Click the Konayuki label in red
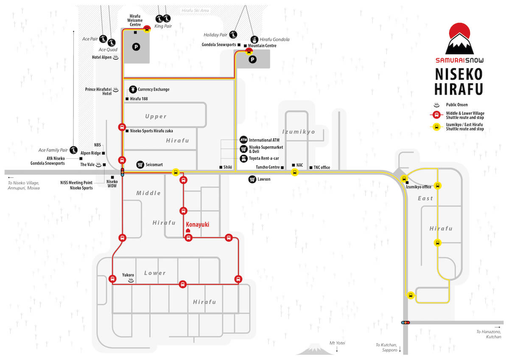click(x=198, y=225)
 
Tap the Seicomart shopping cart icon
click(x=140, y=164)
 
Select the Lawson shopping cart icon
click(x=252, y=179)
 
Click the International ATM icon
click(x=243, y=140)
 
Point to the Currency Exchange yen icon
click(x=133, y=90)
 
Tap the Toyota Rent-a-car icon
click(x=243, y=158)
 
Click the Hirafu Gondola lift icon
click(x=255, y=40)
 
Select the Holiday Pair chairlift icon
click(x=233, y=35)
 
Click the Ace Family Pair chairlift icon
click(x=73, y=150)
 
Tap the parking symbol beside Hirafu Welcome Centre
click(x=136, y=47)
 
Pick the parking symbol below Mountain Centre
click(x=252, y=59)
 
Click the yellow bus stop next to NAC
click(x=295, y=172)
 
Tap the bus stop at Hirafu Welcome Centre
click(x=147, y=29)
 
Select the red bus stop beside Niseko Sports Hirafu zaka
click(x=122, y=127)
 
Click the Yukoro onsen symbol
click(x=131, y=281)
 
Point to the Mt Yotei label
click(x=337, y=343)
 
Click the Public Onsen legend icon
click(x=436, y=105)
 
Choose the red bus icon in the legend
click(x=436, y=115)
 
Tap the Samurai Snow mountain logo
click(x=459, y=39)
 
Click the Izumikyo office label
click(x=419, y=187)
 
